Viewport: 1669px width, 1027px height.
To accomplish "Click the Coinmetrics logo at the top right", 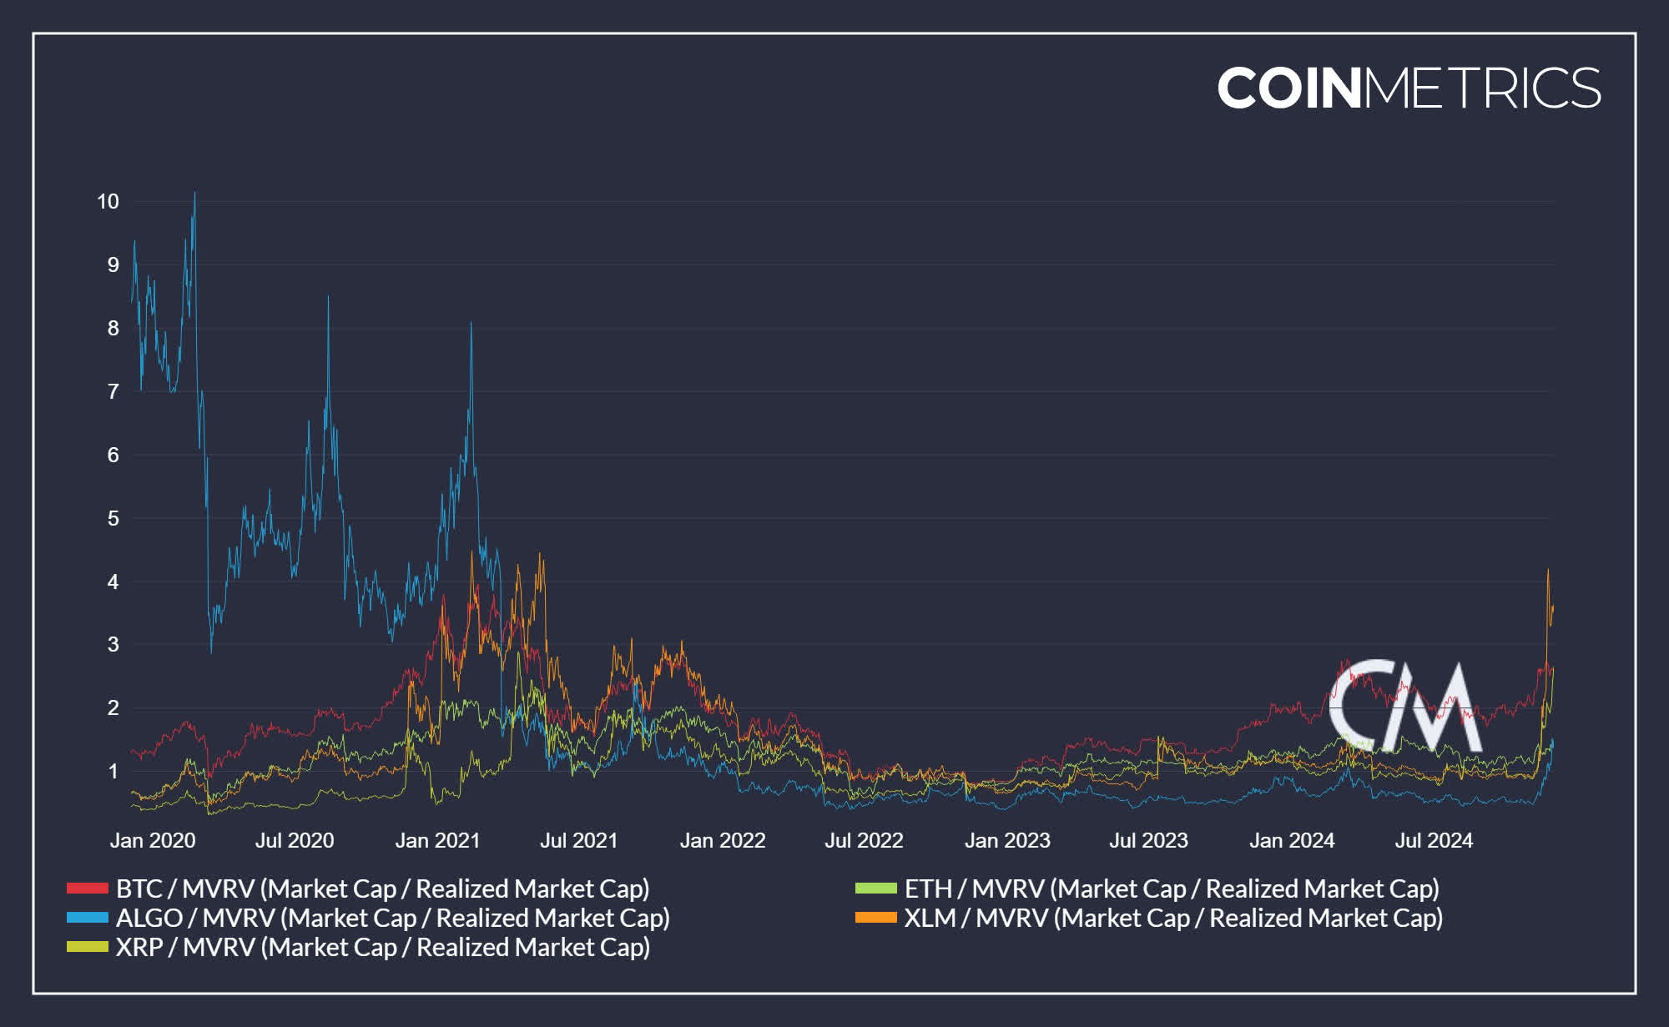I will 1409,88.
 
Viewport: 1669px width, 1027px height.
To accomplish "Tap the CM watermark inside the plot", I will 1405,706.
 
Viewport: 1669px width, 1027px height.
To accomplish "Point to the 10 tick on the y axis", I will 108,201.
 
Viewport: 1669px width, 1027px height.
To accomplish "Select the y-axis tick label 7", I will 113,391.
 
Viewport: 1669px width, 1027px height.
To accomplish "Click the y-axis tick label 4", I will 113,581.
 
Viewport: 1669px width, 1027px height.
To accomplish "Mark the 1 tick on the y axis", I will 113,771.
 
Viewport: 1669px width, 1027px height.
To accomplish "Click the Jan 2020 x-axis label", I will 153,840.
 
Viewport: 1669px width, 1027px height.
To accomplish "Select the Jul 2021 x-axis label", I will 578,840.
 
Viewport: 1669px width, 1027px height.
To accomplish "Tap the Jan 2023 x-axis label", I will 1007,840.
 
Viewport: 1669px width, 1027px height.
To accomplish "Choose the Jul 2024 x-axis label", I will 1434,840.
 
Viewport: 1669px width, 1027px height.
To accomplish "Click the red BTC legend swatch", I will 88,889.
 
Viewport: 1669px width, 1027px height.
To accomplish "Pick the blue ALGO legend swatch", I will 88,918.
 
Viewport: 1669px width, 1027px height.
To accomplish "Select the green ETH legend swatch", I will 875,889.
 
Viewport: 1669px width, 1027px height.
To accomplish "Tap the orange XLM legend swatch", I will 875,918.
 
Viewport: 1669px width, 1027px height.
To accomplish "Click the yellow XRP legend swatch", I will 88,947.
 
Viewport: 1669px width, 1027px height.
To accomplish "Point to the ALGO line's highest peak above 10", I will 194,194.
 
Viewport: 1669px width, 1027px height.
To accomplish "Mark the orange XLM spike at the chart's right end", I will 1548,571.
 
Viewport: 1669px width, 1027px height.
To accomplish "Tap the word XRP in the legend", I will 139,947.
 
